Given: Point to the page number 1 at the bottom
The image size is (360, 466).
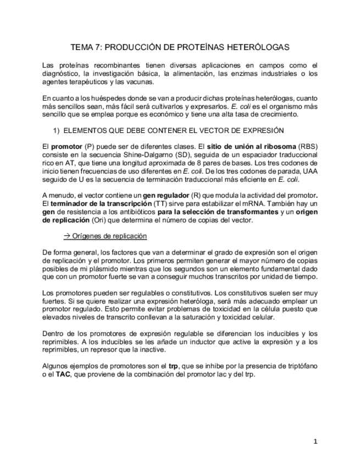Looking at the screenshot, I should tap(315, 441).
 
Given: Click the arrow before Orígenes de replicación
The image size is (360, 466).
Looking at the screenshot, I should tap(67, 236).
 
